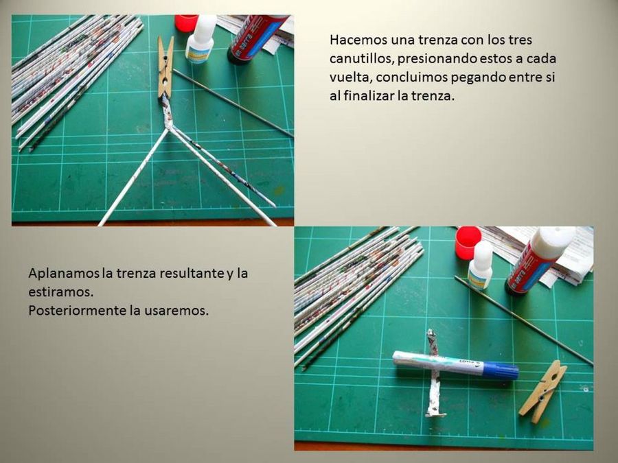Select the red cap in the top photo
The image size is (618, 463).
pyautogui.click(x=185, y=23)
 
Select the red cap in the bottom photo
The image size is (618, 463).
pyautogui.click(x=468, y=242)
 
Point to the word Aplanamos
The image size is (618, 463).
pyautogui.click(x=63, y=274)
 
